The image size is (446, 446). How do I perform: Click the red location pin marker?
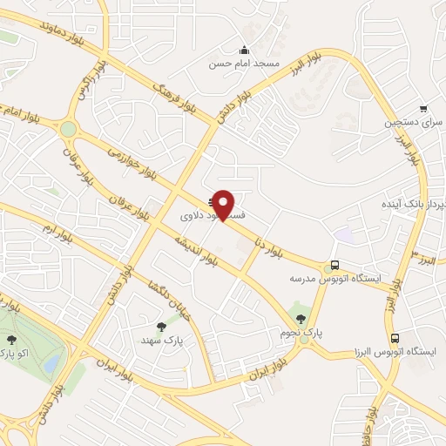tap(225, 205)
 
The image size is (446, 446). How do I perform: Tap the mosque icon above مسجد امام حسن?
tap(244, 49)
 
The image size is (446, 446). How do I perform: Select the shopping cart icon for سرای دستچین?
tap(423, 109)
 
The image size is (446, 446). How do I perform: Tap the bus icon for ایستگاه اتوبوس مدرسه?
tap(334, 265)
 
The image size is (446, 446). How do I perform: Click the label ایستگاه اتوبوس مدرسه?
tap(335, 279)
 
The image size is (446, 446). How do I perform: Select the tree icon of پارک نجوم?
tap(301, 319)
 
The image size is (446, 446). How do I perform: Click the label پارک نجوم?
tap(300, 333)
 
